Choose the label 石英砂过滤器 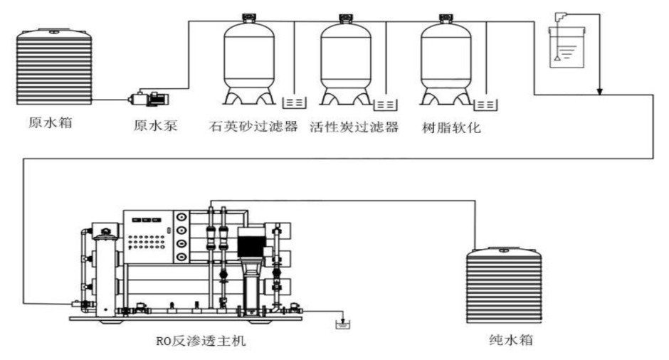click(253, 128)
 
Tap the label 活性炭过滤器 click(354, 128)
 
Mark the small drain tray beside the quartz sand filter click(294, 104)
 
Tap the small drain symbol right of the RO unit click(342, 326)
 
